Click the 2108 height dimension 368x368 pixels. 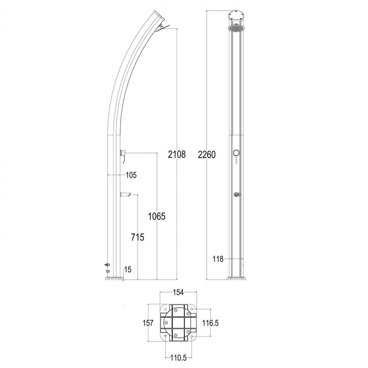(x=177, y=154)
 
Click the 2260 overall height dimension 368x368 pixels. (x=207, y=154)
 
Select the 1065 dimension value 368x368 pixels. (x=157, y=217)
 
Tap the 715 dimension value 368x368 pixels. (x=137, y=237)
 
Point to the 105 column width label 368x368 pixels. (x=131, y=175)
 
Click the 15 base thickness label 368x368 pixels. (x=128, y=270)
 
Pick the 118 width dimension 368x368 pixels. (x=218, y=259)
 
